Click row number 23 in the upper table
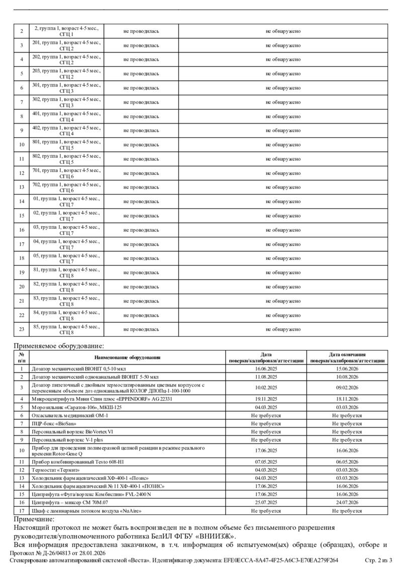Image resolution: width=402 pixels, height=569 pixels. [22, 329]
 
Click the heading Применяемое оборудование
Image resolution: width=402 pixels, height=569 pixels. [59, 346]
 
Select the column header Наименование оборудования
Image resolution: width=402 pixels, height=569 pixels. [128, 357]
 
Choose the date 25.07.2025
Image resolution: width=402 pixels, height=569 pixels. [266, 502]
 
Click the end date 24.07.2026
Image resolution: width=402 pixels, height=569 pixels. [347, 502]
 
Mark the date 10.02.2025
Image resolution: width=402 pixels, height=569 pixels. [266, 388]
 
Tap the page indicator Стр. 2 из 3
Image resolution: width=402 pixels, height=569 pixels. [381, 560]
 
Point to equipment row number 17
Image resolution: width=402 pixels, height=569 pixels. [22, 510]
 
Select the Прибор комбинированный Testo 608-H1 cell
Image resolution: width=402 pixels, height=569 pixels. [76, 461]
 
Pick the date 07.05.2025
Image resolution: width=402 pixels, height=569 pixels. [266, 461]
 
